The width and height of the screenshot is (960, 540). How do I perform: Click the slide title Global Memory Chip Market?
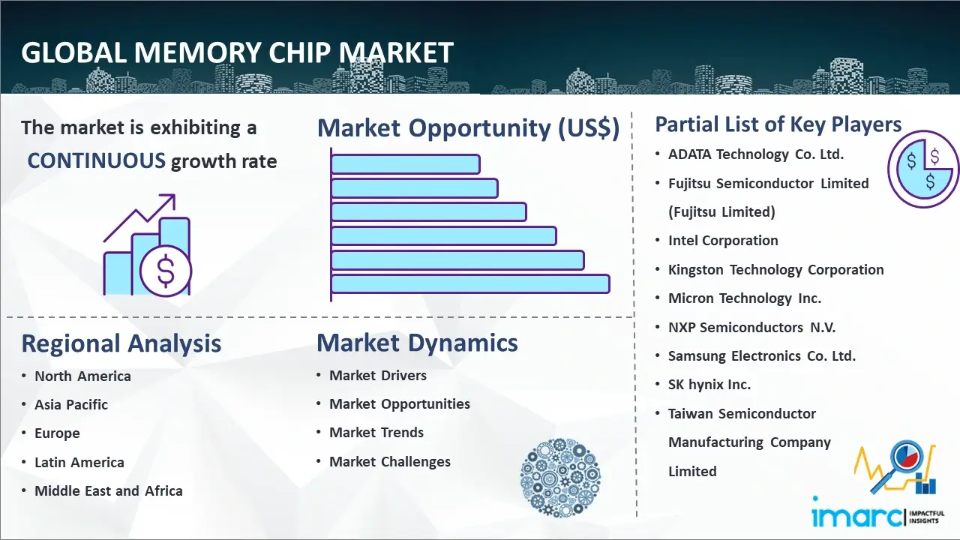point(237,53)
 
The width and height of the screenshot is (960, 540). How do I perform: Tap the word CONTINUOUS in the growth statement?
point(96,160)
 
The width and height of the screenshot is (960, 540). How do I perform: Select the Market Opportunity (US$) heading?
point(468,128)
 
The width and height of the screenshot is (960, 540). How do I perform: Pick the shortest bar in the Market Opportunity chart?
point(405,163)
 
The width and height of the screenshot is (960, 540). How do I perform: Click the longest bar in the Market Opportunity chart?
point(470,283)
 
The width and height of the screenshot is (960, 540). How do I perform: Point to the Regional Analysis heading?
point(121,343)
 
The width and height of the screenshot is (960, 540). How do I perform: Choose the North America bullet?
point(82,376)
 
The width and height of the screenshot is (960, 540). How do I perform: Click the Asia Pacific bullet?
point(71,404)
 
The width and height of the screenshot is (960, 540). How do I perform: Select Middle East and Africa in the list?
point(108,491)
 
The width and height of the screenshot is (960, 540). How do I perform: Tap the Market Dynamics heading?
point(417,343)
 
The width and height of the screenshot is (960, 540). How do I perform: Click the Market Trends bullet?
point(376,433)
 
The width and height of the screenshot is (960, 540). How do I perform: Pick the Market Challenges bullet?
point(390,462)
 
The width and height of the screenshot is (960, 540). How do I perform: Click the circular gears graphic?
point(559,478)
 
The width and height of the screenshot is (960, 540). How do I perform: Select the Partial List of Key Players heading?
point(778,124)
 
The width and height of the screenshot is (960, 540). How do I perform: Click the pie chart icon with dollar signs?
point(922,169)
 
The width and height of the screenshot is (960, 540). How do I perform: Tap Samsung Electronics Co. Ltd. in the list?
point(761,356)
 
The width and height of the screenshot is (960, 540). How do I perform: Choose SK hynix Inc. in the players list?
point(709,385)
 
